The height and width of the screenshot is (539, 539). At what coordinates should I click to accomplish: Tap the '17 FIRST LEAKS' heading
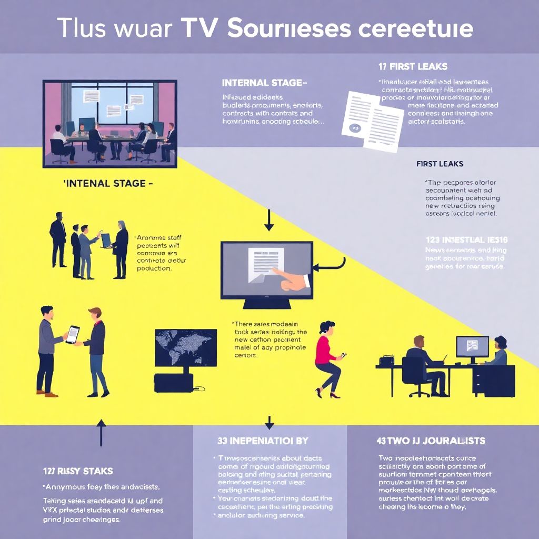pyautogui.click(x=413, y=67)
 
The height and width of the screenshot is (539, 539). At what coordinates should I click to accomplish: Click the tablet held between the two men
pyautogui.click(x=73, y=334)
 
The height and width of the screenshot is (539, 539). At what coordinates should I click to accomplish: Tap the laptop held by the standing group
pyautogui.click(x=106, y=240)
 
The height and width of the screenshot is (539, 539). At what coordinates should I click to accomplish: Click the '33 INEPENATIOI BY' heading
pyautogui.click(x=263, y=441)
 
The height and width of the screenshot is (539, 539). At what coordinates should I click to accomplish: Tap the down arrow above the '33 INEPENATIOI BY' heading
pyautogui.click(x=269, y=422)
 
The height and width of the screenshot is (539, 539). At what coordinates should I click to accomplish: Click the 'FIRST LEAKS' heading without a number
pyautogui.click(x=440, y=164)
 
